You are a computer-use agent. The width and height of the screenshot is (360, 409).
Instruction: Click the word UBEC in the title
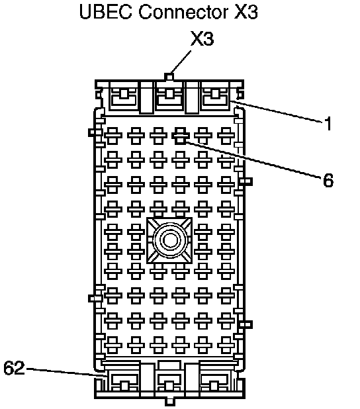(x=106, y=12)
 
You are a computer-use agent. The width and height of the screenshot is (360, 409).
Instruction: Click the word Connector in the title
(x=183, y=12)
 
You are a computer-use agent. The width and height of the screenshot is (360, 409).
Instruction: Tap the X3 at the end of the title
(x=246, y=12)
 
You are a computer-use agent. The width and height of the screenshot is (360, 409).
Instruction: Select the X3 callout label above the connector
(x=202, y=38)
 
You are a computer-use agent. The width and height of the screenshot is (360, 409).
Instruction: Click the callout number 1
(x=328, y=123)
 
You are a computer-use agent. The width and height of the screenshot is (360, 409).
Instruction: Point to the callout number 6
(x=328, y=180)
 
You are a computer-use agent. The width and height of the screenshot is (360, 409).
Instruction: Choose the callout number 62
(x=14, y=368)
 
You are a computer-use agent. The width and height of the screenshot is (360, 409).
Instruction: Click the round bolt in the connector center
(x=170, y=240)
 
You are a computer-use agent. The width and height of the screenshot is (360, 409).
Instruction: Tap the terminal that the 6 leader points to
(x=181, y=136)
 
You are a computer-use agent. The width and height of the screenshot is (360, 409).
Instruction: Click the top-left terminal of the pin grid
(x=113, y=136)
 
